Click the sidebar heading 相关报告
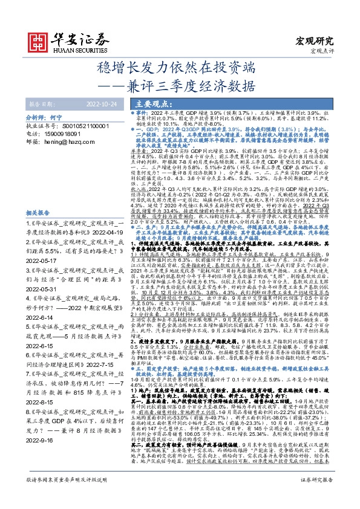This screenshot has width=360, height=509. pyautogui.click(x=39, y=197)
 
